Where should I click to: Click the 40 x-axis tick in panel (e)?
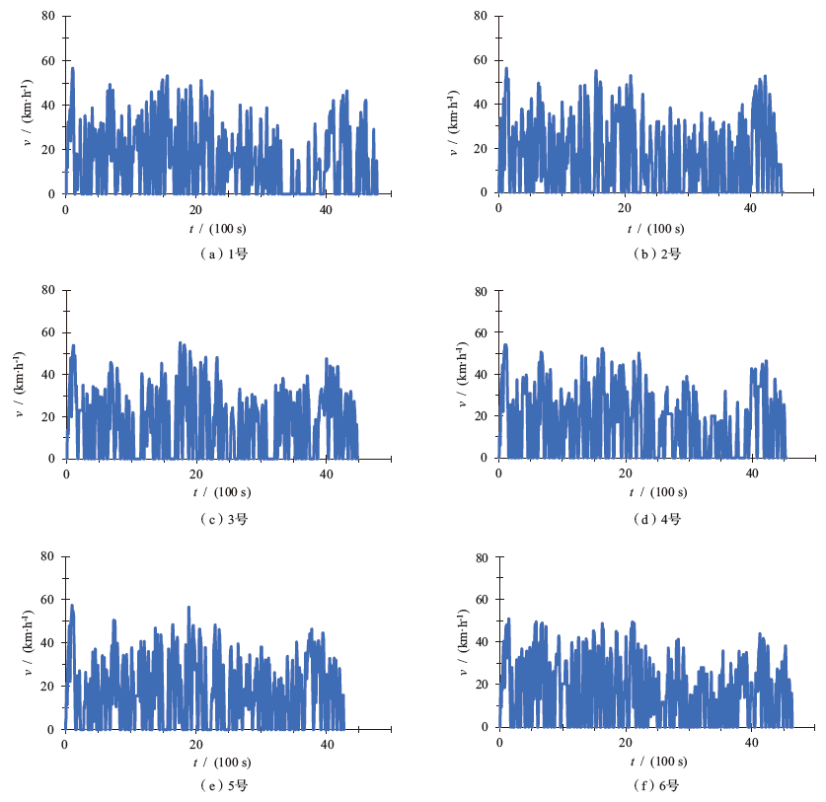[326, 744]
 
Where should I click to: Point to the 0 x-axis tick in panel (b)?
[499, 208]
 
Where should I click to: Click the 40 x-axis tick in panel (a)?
[326, 209]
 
